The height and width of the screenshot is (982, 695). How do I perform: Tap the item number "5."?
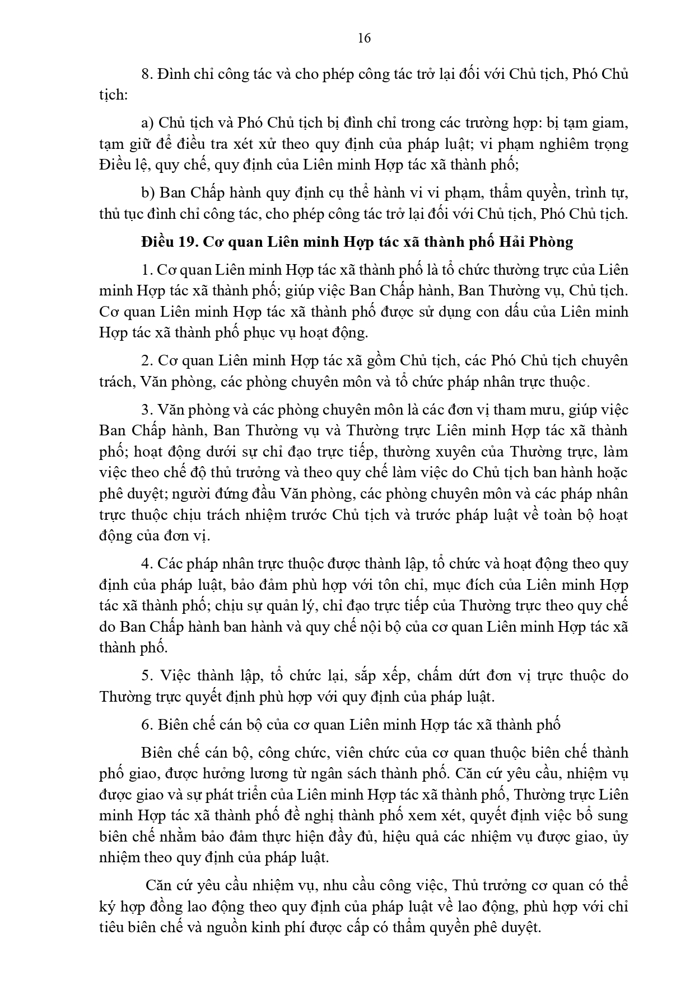(x=147, y=675)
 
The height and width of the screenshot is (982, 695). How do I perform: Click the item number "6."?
(x=147, y=725)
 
